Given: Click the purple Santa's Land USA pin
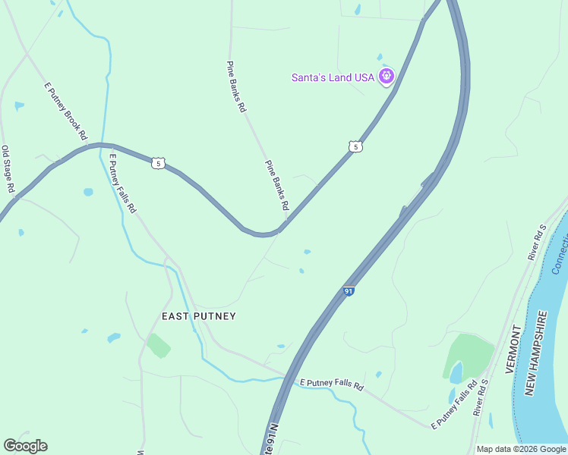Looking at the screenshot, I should tap(387, 76).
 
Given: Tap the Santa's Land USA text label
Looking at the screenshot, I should tap(333, 78).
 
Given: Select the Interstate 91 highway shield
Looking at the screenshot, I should tap(349, 290).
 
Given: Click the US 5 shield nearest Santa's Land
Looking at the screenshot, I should tap(355, 146).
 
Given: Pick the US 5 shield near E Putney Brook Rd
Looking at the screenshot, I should tap(157, 163).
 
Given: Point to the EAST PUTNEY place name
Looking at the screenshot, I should tap(199, 316).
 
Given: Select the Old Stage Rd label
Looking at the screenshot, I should tap(8, 168).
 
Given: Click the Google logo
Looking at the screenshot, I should tap(25, 446).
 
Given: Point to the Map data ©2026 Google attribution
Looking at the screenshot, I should tap(520, 449).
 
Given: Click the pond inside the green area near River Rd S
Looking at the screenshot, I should tap(456, 372).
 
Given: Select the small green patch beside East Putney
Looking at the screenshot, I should tap(159, 345).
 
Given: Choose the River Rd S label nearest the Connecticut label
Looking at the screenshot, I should tap(537, 242).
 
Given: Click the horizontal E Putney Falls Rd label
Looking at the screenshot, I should tap(332, 385).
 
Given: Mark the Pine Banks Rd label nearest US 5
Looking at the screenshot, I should tap(276, 185).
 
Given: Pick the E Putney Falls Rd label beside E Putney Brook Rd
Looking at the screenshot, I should tap(122, 184).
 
